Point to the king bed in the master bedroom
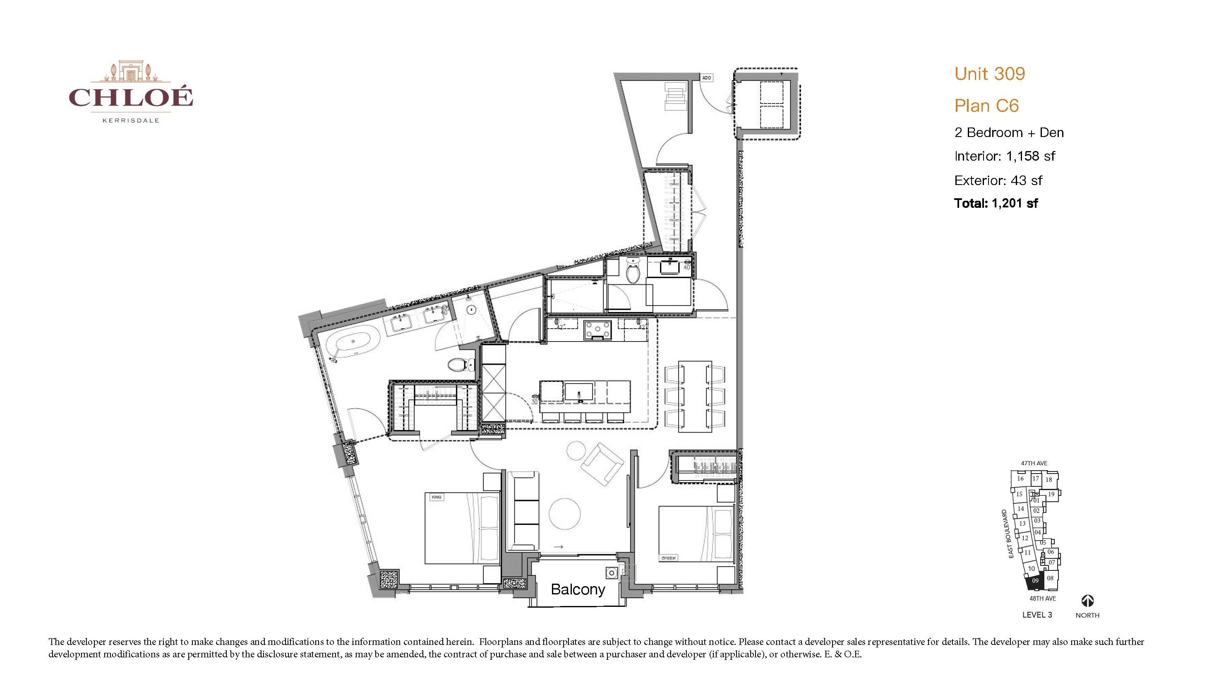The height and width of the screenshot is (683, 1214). [x=462, y=528]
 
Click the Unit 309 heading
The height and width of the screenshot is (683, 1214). [x=990, y=74]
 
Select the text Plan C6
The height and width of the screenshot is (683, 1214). [x=986, y=106]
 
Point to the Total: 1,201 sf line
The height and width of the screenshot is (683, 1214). [x=996, y=203]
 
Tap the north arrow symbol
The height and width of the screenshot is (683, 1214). [x=1087, y=601]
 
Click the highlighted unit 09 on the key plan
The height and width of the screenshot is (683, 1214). [x=1035, y=581]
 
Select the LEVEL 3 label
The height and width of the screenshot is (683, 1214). [x=1037, y=615]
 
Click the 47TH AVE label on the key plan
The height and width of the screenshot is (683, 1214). [x=1034, y=463]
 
